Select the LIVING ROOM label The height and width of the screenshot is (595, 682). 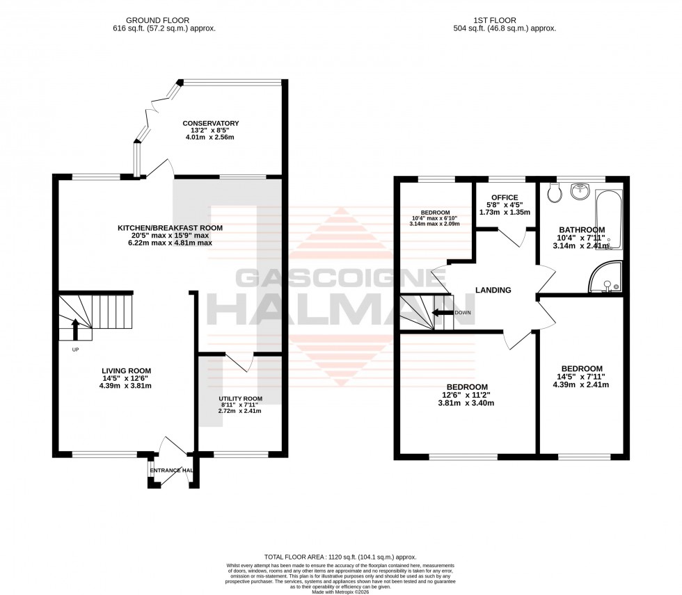coord(125,370)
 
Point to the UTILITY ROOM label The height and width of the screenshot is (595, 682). coord(240,398)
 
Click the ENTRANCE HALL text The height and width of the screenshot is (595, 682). coord(171,471)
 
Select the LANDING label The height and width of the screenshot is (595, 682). coord(493,291)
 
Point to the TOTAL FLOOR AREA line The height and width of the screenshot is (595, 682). coord(340,557)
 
